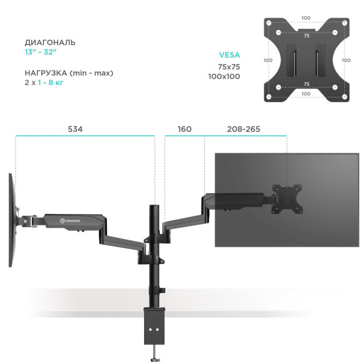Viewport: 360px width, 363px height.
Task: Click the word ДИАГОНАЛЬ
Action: click(x=50, y=43)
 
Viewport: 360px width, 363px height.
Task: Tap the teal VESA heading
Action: click(x=229, y=55)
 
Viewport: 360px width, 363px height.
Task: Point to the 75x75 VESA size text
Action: click(x=229, y=66)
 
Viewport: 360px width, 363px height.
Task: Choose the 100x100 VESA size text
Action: click(x=224, y=76)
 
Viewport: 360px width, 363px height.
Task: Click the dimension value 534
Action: click(x=75, y=129)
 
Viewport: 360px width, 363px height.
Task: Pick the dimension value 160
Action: click(x=184, y=129)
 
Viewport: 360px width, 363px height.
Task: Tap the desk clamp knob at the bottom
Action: click(x=154, y=357)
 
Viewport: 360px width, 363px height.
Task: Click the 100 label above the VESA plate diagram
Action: click(x=306, y=18)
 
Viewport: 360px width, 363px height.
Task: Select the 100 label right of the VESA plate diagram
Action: click(x=347, y=61)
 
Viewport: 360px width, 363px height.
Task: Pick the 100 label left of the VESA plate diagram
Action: click(x=267, y=61)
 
